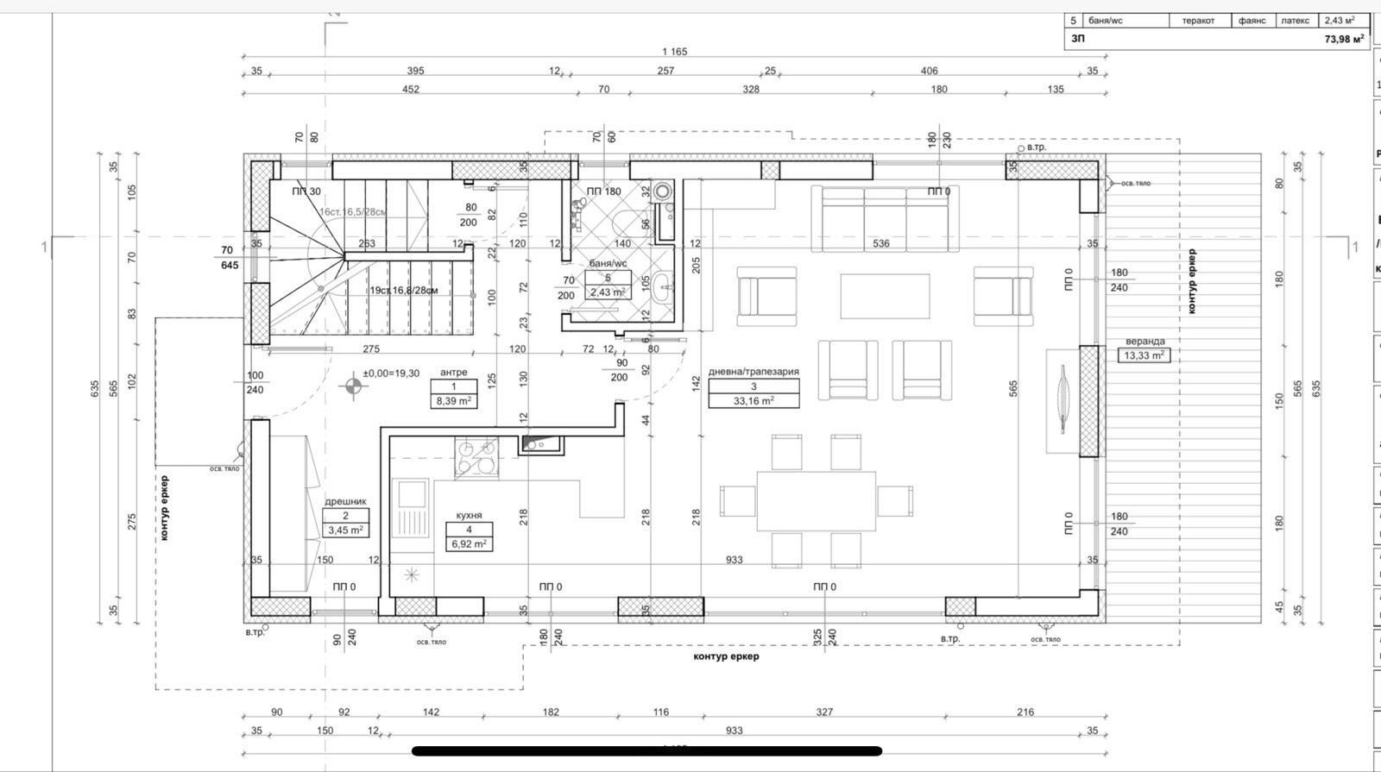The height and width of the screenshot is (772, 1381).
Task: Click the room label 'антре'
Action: coord(453,373)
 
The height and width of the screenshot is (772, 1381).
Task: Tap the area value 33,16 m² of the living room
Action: coord(754,400)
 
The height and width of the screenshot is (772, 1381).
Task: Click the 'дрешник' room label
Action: coord(345,501)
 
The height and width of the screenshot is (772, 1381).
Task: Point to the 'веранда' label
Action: coord(1145,342)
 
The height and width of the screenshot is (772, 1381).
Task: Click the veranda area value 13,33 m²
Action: coord(1145,355)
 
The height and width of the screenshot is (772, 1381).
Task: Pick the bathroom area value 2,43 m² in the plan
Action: coord(608,292)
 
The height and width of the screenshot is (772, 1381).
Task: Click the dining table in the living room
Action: coord(816,501)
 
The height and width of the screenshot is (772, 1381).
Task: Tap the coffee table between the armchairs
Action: coord(885,296)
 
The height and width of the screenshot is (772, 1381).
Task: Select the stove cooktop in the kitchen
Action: coord(476,457)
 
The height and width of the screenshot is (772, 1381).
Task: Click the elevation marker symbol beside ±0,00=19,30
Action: coord(352,386)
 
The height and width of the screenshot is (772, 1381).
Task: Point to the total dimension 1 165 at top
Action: coord(674,52)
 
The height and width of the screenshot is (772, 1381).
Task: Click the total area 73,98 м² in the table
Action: coord(1344,39)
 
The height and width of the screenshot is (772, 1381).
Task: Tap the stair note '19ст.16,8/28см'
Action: coord(404,291)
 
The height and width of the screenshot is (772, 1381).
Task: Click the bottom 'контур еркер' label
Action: coord(726,656)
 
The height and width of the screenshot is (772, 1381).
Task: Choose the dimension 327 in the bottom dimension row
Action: coord(824,712)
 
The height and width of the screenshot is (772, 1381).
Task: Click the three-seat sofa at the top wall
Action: coord(885,218)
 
